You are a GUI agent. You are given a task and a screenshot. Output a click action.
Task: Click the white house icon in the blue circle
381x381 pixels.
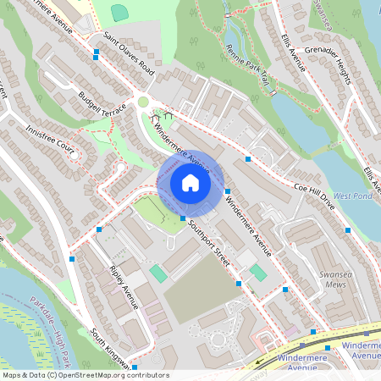click(190, 183)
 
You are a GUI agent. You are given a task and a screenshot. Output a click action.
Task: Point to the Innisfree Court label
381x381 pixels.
click(50, 142)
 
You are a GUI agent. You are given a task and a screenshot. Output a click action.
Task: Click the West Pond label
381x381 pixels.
click(352, 196)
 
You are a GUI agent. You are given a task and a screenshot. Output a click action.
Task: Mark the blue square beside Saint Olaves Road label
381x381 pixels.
click(97, 52)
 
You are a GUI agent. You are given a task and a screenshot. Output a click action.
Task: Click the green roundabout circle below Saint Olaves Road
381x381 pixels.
click(143, 102)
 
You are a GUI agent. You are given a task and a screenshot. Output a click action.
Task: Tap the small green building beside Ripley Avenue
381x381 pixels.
click(158, 273)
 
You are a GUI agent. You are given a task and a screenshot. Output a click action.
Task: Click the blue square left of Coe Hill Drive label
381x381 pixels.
click(248, 159)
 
